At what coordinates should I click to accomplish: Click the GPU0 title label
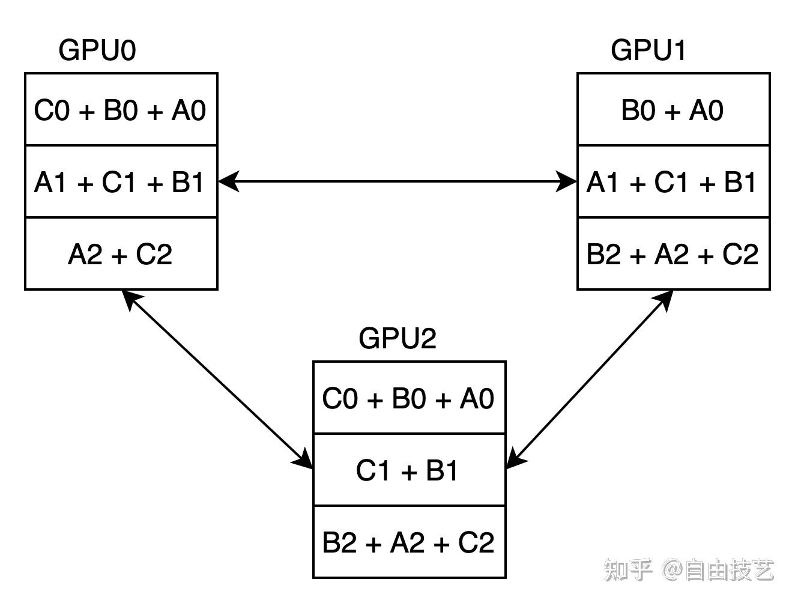(97, 50)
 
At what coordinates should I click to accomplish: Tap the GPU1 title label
(648, 50)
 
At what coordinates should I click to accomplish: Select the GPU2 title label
(397, 338)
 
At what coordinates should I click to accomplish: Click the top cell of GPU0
(121, 110)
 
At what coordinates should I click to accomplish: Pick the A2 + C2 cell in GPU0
(121, 254)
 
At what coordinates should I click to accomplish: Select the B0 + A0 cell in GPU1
(673, 110)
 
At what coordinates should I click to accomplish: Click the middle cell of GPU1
(673, 182)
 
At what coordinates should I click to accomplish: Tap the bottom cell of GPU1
(673, 254)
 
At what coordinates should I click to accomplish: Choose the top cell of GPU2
(409, 398)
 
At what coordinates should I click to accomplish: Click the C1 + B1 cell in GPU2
(409, 470)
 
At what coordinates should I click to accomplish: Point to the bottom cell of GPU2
(409, 542)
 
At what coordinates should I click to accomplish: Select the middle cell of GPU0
(121, 182)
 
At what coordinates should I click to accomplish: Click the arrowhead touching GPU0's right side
(228, 181)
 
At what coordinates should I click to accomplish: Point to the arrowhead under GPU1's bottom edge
(664, 300)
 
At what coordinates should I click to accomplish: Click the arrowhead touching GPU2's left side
(304, 459)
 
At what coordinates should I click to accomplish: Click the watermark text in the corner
(689, 570)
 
